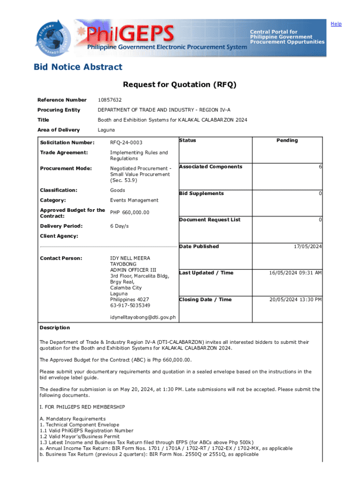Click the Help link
click(x=336, y=24)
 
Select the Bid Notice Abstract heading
click(x=78, y=67)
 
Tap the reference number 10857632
click(x=109, y=100)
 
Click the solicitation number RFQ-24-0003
click(x=126, y=143)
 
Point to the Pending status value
click(x=287, y=140)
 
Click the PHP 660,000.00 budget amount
click(x=130, y=213)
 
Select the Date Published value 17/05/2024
click(x=306, y=247)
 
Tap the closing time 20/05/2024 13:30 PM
click(x=295, y=300)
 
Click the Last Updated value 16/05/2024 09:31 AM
click(x=295, y=273)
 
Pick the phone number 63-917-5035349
click(x=130, y=305)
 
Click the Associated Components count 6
click(x=320, y=167)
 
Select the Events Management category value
click(x=134, y=200)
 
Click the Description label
click(x=55, y=328)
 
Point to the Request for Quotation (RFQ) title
click(x=180, y=85)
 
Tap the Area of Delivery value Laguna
click(x=106, y=130)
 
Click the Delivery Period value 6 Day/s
click(x=119, y=226)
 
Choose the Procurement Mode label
click(x=66, y=168)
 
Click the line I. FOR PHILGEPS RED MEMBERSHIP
click(x=82, y=407)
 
